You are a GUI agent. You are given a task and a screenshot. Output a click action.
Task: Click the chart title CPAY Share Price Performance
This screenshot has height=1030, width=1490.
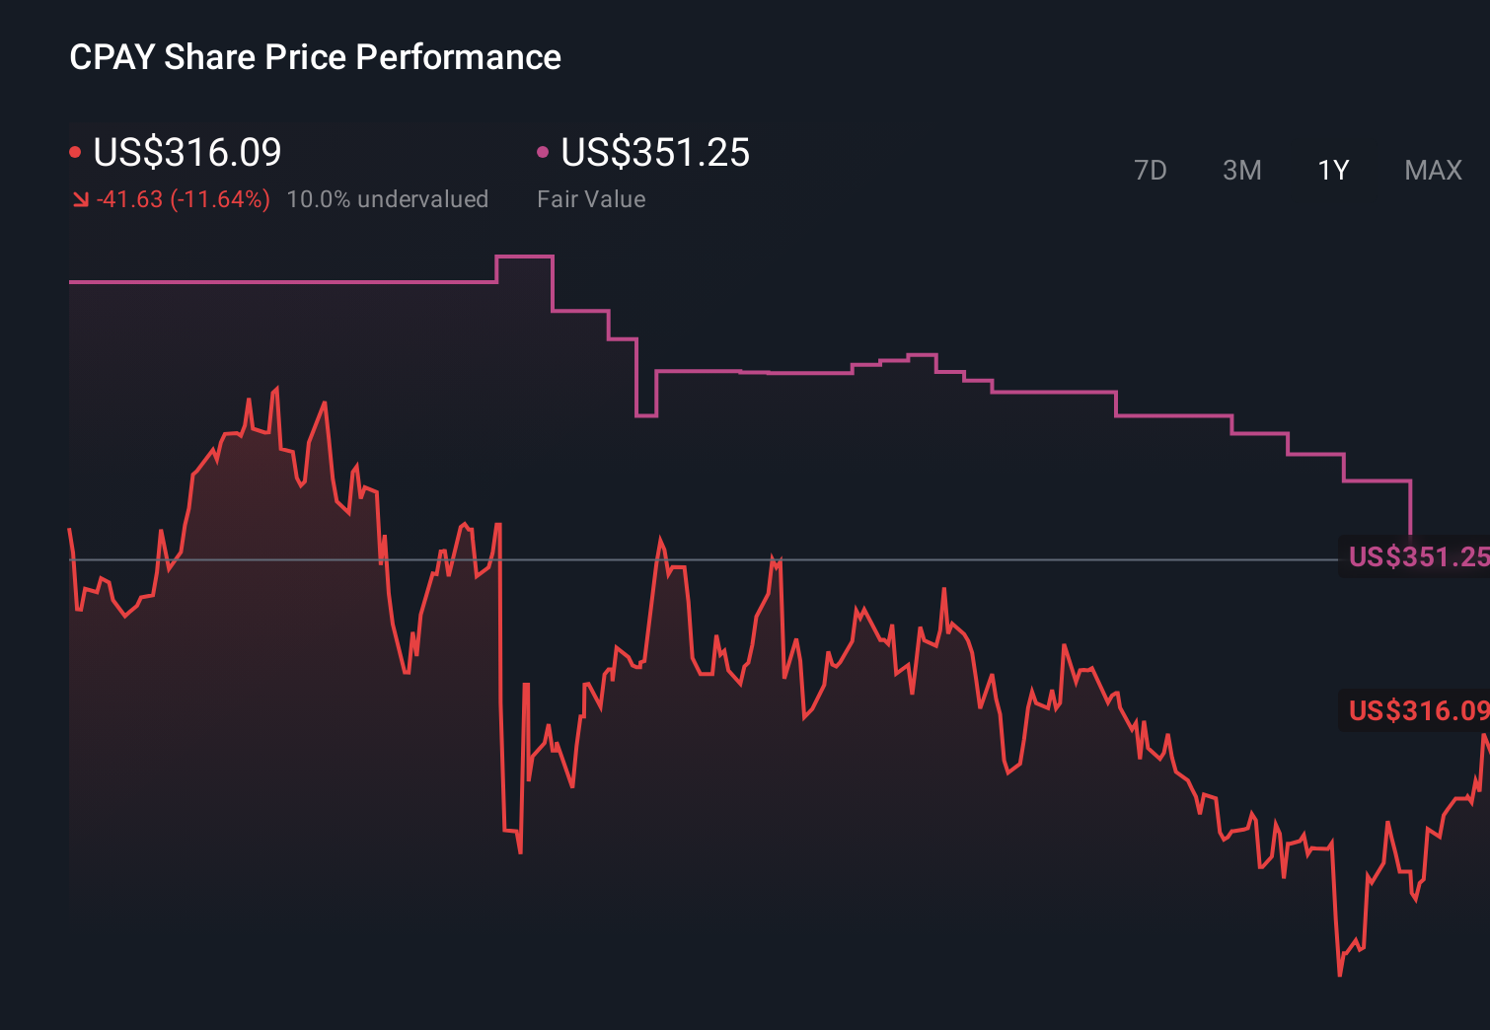[315, 57]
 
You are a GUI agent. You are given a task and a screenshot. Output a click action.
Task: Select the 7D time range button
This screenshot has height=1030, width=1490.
[1150, 171]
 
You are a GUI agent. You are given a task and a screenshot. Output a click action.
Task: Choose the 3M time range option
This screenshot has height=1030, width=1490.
[1241, 171]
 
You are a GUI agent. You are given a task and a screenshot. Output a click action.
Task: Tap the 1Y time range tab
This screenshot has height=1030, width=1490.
[1333, 171]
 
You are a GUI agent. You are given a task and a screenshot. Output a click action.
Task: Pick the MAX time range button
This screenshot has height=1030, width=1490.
[1433, 171]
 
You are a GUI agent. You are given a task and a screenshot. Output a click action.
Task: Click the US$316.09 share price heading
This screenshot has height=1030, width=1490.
[187, 153]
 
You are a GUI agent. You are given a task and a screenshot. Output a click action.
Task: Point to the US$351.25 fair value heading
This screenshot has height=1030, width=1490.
[655, 153]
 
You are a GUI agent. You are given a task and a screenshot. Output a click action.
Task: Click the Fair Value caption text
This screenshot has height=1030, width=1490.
[591, 199]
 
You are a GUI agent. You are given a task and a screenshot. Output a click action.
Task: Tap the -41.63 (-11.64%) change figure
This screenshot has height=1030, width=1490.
[184, 199]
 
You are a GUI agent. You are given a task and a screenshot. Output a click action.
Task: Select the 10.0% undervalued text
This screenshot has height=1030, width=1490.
[387, 199]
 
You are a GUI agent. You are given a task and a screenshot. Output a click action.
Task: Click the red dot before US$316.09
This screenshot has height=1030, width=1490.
[75, 152]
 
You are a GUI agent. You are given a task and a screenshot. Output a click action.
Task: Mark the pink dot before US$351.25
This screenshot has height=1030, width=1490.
[543, 152]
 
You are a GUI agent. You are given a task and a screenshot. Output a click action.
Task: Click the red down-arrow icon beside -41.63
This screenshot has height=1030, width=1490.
[80, 200]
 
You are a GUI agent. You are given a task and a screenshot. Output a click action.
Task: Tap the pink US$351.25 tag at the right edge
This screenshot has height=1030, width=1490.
[1417, 556]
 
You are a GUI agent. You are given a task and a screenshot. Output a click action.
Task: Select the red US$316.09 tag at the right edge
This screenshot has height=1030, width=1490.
[1417, 710]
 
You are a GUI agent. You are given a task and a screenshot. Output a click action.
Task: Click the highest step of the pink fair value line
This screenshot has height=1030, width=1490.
[524, 257]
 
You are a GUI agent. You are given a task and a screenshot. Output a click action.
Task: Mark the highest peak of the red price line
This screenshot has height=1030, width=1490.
[276, 389]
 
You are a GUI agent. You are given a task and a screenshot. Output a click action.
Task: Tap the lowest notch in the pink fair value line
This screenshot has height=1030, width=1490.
[645, 415]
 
